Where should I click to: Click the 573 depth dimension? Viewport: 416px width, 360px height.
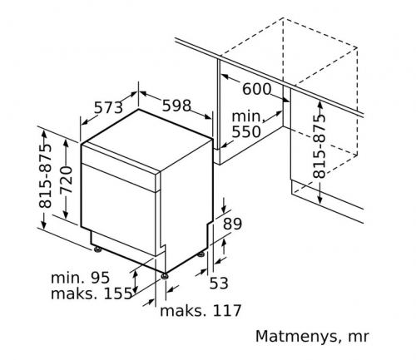tap(108, 107)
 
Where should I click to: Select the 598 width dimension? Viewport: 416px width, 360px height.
tap(176, 106)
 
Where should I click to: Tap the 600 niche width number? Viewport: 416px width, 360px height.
tap(257, 89)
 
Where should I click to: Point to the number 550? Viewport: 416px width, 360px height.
tap(246, 132)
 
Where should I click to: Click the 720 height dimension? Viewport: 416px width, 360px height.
tap(66, 180)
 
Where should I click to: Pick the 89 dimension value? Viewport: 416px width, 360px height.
tap(233, 224)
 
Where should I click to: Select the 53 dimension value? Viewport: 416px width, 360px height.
tap(219, 284)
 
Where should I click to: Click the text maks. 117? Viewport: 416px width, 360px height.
tap(201, 311)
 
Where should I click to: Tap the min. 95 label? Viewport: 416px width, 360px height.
tap(80, 278)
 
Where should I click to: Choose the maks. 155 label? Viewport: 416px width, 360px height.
tap(92, 293)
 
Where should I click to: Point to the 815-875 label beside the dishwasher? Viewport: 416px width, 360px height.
tap(45, 175)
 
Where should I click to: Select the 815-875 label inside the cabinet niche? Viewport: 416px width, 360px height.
tap(319, 146)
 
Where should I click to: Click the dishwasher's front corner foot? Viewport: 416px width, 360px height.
tap(165, 276)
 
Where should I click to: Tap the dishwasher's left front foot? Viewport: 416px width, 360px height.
tap(97, 249)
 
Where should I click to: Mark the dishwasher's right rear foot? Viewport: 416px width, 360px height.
tap(201, 254)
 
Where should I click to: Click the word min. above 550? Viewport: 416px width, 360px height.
tap(247, 116)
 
